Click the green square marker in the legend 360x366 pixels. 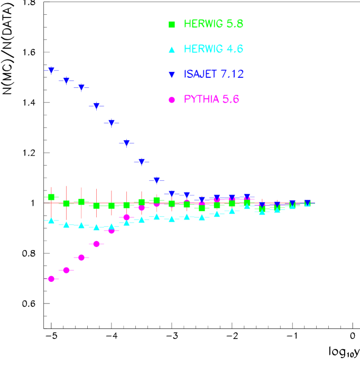[x=171, y=24]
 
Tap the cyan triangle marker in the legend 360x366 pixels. [x=171, y=49]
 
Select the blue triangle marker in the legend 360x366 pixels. [x=171, y=75]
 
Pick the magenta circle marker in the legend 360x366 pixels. [x=171, y=99]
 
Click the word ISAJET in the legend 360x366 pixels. [x=200, y=75]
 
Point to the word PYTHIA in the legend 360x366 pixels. [x=201, y=99]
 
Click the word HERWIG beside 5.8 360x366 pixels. [x=203, y=24]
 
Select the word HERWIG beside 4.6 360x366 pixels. [x=203, y=49]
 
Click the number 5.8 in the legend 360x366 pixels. [x=235, y=24]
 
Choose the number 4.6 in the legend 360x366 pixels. [x=235, y=49]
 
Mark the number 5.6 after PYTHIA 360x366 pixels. [x=230, y=99]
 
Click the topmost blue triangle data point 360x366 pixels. [x=51, y=70]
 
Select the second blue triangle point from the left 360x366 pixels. [x=66, y=80]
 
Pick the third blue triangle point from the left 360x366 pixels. [x=81, y=87]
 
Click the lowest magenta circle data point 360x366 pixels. [x=51, y=279]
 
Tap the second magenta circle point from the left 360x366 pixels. [x=66, y=270]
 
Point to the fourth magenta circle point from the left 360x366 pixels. [x=96, y=244]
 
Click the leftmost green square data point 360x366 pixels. [x=51, y=197]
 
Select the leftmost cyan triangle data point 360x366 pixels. [x=51, y=220]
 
